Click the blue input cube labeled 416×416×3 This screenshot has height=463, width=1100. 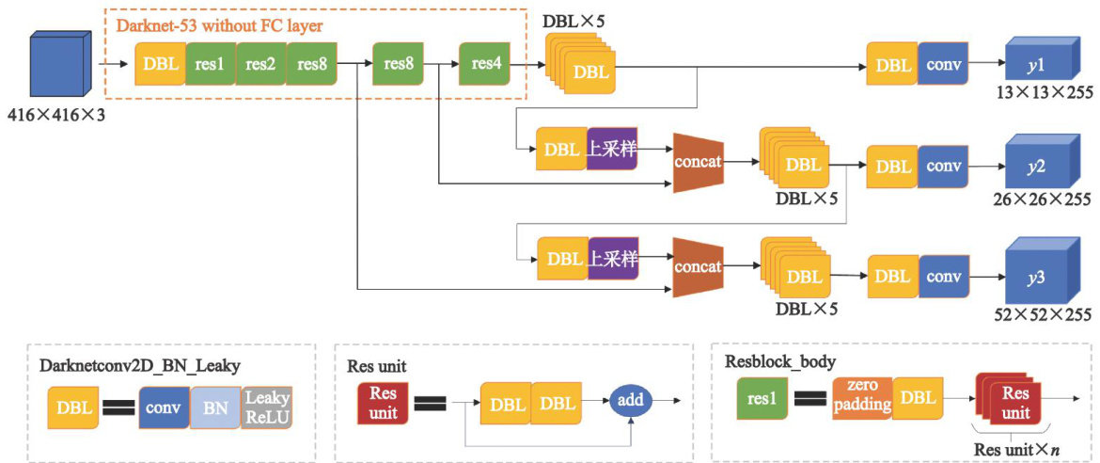(x=58, y=64)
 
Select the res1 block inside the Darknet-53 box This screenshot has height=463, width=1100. (x=210, y=65)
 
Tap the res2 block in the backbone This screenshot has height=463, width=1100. (x=260, y=65)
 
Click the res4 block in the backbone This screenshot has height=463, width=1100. (x=485, y=65)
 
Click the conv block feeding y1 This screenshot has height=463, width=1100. (x=942, y=65)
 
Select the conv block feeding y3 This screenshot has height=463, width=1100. (x=942, y=277)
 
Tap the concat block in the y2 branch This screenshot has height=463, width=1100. (x=698, y=162)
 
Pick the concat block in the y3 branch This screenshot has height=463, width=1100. (x=698, y=266)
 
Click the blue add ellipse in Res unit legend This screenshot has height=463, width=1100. (x=630, y=403)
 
